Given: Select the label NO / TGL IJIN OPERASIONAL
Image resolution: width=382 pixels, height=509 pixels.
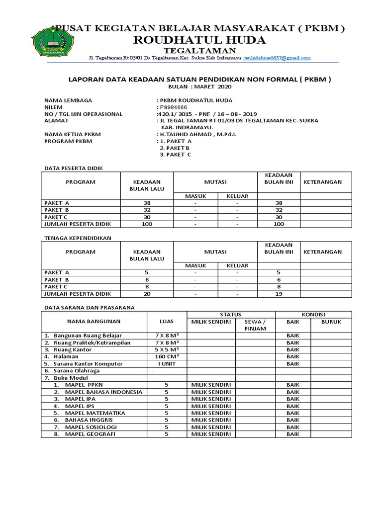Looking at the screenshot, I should click(x=83, y=114).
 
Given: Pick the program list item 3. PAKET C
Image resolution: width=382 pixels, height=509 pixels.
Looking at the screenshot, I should click(x=175, y=155).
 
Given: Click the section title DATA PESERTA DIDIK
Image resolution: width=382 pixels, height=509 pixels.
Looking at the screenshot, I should click(x=74, y=169).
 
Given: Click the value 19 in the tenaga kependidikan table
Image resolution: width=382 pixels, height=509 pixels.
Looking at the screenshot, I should click(x=279, y=294).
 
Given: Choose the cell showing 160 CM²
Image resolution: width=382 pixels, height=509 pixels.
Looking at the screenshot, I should click(x=167, y=356).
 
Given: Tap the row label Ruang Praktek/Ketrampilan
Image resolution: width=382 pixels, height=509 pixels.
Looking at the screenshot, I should click(x=88, y=343).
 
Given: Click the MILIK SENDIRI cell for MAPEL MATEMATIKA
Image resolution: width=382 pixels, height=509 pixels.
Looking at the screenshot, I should click(x=211, y=413).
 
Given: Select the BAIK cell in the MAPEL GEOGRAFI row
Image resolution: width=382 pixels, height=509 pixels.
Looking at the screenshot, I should click(x=293, y=434).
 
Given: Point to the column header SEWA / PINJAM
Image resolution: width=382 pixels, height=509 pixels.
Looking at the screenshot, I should click(x=255, y=325).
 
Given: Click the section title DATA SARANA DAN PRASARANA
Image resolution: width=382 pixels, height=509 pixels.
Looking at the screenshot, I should click(x=89, y=308).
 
